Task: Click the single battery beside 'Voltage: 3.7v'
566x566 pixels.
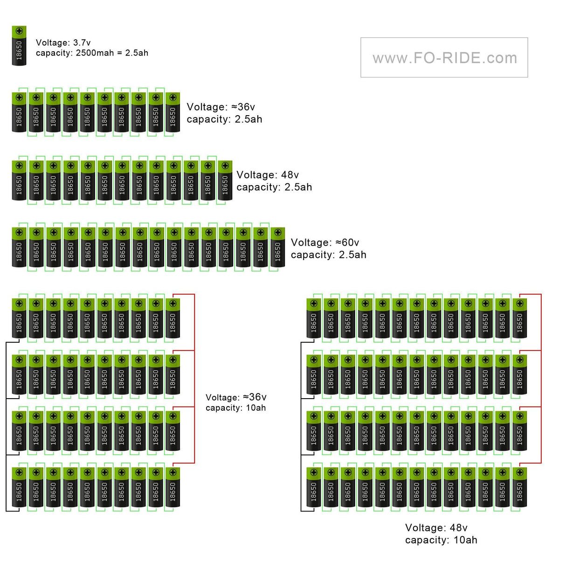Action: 19,46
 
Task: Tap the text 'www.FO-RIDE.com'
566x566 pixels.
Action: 445,58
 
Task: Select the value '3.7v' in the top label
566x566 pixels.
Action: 82,43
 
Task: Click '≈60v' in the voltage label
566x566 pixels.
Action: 347,242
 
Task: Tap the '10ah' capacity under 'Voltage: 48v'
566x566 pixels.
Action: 465,540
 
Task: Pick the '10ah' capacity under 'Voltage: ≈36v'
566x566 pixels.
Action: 256,408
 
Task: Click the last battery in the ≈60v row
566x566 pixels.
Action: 278,247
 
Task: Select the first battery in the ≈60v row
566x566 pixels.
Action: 19,247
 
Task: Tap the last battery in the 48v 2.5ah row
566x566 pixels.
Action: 225,180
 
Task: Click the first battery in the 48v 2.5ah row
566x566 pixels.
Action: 19,180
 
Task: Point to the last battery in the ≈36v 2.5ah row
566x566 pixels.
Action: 173,112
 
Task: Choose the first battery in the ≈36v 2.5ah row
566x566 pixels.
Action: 19,112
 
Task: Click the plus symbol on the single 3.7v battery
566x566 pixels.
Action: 19,31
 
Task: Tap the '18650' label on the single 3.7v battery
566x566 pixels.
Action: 19,50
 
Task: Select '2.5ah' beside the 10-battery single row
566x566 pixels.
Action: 248,119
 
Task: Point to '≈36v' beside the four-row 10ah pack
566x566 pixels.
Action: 255,397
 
